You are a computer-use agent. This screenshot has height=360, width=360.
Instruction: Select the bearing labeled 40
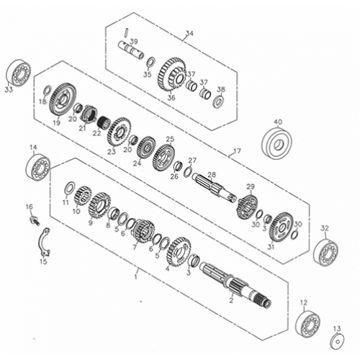point(278,143)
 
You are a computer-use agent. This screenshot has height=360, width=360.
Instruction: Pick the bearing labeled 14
point(37,167)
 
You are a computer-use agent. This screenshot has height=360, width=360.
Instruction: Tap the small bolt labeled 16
point(33,219)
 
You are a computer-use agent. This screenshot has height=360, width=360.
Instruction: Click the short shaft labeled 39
point(133,55)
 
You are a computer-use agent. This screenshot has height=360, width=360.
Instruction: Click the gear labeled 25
point(164,155)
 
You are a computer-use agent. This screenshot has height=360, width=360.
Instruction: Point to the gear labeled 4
point(176,251)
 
